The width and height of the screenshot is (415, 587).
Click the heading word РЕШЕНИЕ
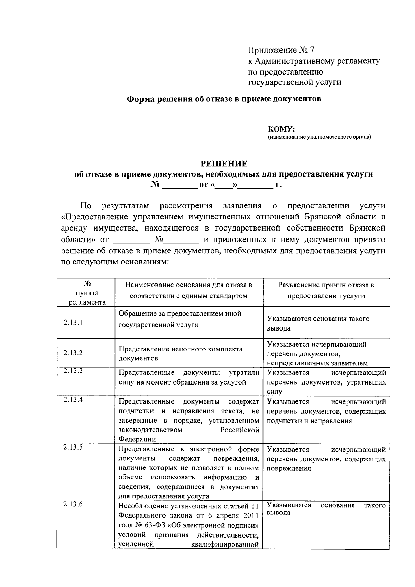coord(224,163)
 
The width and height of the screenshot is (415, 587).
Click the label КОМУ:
coord(281,129)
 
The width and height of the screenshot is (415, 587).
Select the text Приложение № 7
coord(281,50)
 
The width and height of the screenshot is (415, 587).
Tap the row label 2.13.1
coord(73,323)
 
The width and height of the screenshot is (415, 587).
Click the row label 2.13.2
coord(73,353)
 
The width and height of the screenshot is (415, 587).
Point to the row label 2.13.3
coord(73,371)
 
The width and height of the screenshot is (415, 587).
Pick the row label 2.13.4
coord(73,400)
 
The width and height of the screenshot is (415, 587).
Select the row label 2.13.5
coord(73,447)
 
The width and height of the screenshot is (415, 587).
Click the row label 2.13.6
coord(73,504)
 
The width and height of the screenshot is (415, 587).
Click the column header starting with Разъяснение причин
coord(326,290)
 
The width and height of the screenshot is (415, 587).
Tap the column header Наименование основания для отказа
coord(188,290)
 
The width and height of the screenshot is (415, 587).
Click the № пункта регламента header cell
coord(87,293)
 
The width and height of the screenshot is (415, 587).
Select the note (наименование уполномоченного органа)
coord(319,137)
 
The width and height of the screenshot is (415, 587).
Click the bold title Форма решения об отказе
coord(224,99)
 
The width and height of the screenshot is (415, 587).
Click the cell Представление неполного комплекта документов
coord(181,353)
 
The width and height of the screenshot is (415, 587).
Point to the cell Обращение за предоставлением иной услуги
coord(180,319)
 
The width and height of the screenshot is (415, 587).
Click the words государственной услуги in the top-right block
coord(294,82)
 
